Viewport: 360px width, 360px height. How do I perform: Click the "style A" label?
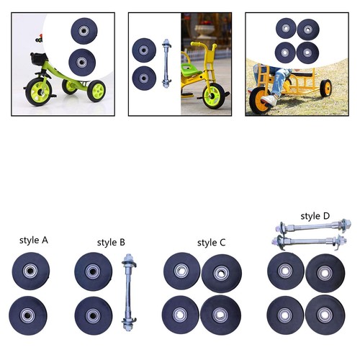click(34, 240)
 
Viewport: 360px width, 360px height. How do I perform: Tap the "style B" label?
click(111, 243)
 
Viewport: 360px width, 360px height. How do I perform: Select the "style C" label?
click(212, 243)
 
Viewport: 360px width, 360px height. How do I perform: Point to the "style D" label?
click(315, 216)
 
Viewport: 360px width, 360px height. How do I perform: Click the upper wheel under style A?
click(31, 271)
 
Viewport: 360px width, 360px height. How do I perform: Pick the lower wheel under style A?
click(28, 315)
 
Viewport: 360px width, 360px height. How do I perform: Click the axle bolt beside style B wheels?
click(129, 292)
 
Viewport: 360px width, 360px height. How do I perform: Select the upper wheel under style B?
click(93, 271)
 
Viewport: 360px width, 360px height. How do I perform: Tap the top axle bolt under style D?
click(313, 226)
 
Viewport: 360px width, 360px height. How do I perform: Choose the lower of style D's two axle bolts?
click(309, 241)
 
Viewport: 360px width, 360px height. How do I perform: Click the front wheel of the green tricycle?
click(38, 91)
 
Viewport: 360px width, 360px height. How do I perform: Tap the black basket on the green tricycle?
click(38, 59)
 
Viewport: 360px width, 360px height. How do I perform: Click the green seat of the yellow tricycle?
click(191, 69)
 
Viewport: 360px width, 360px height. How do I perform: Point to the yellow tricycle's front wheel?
click(213, 96)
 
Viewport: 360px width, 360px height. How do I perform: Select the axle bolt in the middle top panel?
click(166, 63)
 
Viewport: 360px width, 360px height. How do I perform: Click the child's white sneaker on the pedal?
click(269, 100)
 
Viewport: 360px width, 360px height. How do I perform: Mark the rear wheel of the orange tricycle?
click(325, 88)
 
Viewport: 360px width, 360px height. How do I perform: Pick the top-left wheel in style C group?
click(181, 271)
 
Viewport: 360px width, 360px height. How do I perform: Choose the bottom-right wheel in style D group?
click(325, 315)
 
